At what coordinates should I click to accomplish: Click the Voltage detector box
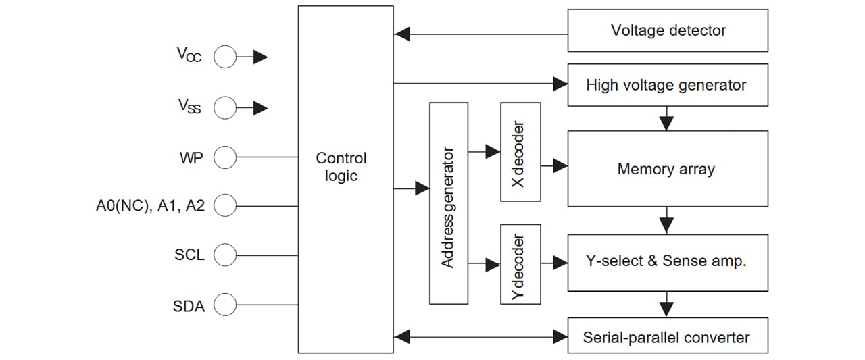click(x=668, y=30)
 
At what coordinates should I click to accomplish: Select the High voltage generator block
click(x=668, y=85)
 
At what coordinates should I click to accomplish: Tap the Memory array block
click(x=668, y=169)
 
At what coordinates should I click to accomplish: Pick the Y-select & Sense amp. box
click(x=668, y=263)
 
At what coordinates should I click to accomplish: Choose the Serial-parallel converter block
click(x=668, y=335)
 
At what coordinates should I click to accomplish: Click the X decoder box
click(x=520, y=152)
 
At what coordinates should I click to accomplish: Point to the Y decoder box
click(x=520, y=264)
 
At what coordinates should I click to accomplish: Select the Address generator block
click(x=449, y=203)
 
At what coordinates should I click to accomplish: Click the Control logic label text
click(x=341, y=167)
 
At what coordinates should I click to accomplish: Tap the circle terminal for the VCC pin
click(x=225, y=57)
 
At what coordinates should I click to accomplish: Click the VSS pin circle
click(x=225, y=107)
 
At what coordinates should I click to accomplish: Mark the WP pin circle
click(x=225, y=157)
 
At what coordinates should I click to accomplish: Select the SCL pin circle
click(x=225, y=255)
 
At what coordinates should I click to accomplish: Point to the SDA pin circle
click(x=225, y=305)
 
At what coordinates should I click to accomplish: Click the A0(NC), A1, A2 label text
click(x=150, y=206)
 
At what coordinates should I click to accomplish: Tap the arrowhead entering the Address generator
click(x=422, y=188)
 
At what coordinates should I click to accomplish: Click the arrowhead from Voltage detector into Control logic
click(x=401, y=34)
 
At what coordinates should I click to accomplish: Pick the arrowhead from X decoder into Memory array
click(x=560, y=166)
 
